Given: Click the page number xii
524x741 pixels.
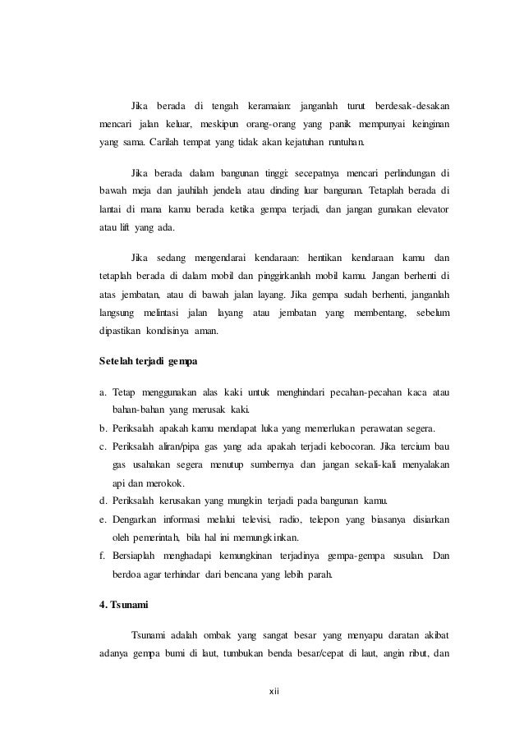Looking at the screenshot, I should (275, 691).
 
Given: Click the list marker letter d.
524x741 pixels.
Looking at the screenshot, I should (94, 501).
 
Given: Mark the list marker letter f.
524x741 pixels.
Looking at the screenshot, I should (93, 556).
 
